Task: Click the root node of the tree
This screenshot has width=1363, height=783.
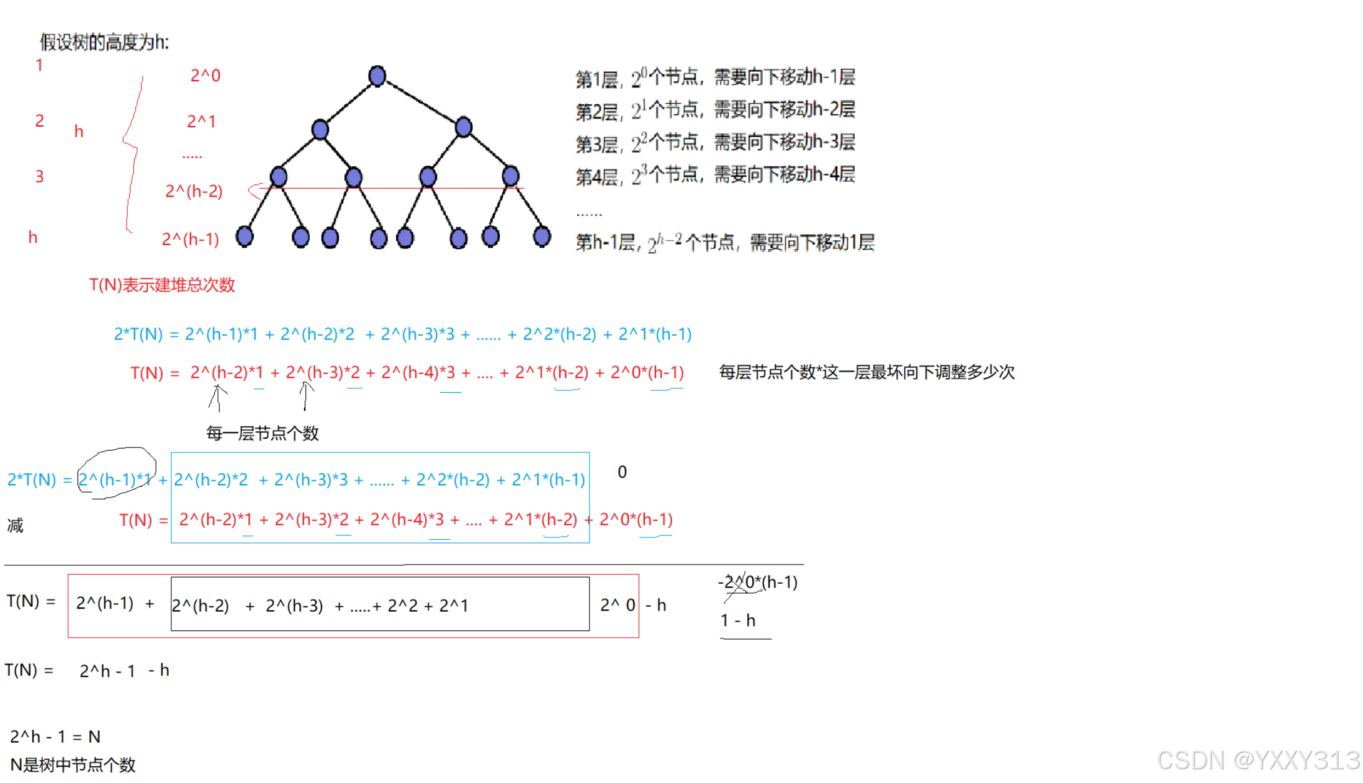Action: click(x=377, y=76)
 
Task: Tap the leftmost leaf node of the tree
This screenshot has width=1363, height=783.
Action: click(x=245, y=236)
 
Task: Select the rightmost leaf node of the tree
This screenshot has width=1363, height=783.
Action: click(x=541, y=236)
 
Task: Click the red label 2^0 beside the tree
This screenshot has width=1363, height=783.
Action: click(x=205, y=76)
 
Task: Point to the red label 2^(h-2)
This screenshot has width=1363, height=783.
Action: click(x=194, y=191)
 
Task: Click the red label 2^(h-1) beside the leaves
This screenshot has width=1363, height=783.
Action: click(x=191, y=239)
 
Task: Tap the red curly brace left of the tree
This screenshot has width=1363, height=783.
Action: click(x=132, y=152)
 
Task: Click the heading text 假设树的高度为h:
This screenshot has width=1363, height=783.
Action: click(x=104, y=42)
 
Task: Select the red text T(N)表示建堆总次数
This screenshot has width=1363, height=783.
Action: click(x=162, y=285)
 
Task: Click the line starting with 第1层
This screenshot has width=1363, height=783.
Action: click(x=715, y=78)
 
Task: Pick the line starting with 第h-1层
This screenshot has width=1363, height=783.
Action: click(x=724, y=242)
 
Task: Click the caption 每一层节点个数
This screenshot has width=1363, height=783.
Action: click(x=262, y=433)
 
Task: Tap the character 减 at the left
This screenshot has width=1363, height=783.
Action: click(x=15, y=526)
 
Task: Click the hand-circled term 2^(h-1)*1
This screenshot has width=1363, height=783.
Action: click(x=115, y=479)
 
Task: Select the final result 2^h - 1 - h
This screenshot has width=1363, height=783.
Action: click(x=124, y=671)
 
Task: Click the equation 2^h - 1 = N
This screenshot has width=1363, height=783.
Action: click(x=55, y=736)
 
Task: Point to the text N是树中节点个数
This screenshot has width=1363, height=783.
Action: click(x=73, y=764)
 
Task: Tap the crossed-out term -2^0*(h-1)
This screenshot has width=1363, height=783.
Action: click(x=758, y=582)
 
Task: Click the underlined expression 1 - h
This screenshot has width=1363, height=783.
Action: click(x=738, y=620)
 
